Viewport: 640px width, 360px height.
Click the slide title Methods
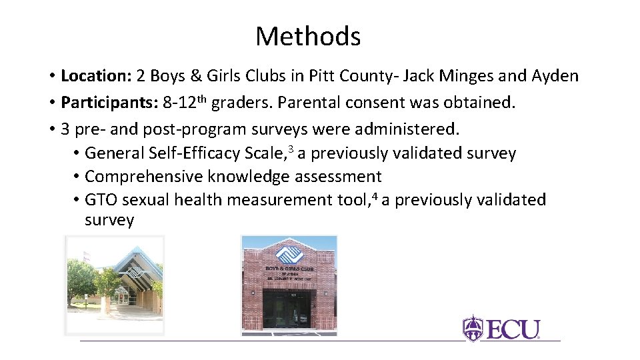tap(307, 36)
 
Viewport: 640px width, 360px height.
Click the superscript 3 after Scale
tap(291, 149)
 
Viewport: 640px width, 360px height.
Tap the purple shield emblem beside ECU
tap(473, 329)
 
